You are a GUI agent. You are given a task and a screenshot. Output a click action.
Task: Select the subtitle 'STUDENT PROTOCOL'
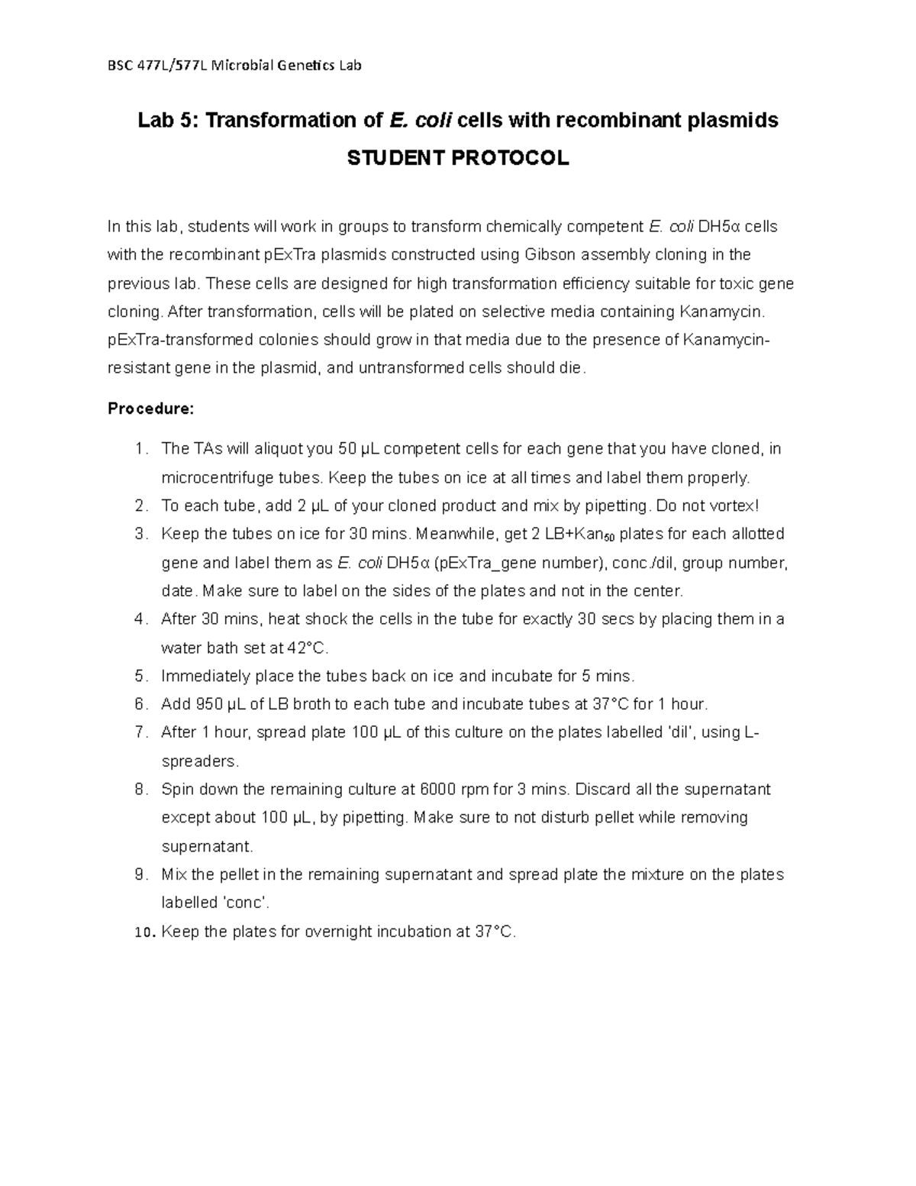click(457, 158)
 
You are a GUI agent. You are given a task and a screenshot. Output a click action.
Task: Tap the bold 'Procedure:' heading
click(151, 409)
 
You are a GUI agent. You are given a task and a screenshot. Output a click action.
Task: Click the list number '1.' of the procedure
click(140, 449)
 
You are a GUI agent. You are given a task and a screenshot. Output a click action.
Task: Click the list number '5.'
click(140, 676)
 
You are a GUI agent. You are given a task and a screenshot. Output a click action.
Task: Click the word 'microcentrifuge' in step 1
click(214, 478)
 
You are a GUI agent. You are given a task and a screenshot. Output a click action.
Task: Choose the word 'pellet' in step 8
click(611, 818)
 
